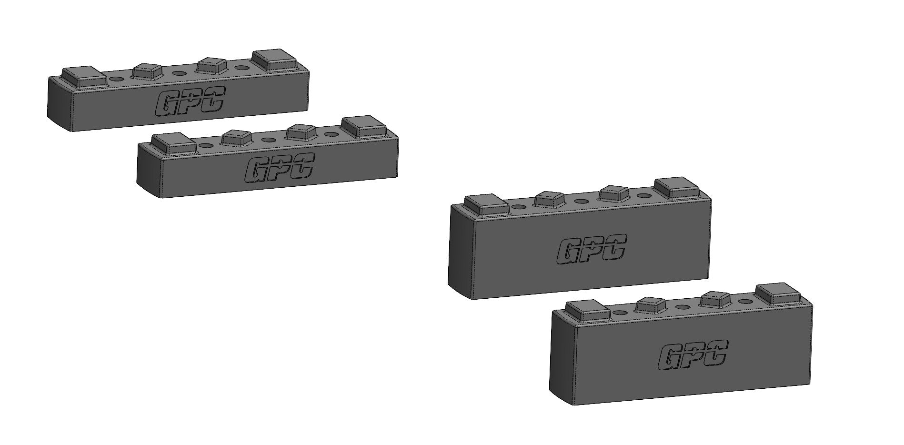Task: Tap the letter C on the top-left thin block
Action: pyautogui.click(x=213, y=99)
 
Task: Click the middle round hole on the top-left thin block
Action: pyautogui.click(x=179, y=73)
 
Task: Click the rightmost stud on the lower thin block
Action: pyautogui.click(x=364, y=126)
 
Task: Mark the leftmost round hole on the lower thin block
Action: pyautogui.click(x=205, y=145)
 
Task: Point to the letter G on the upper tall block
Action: pyautogui.click(x=567, y=252)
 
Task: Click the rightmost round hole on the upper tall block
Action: pyautogui.click(x=644, y=195)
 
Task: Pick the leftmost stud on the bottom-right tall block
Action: pyautogui.click(x=587, y=310)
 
